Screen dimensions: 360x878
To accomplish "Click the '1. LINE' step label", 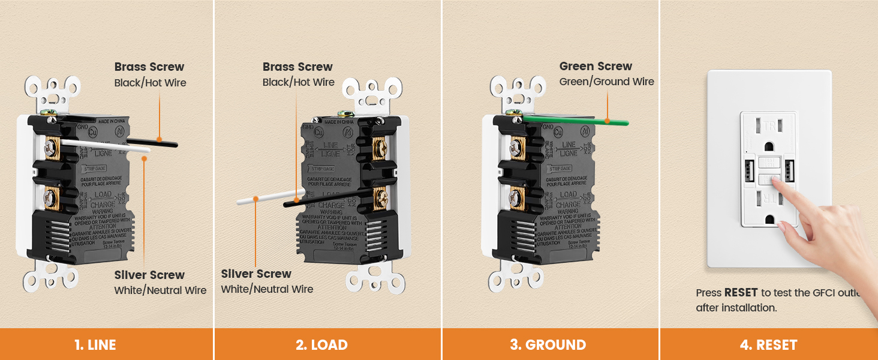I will pyautogui.click(x=95, y=345).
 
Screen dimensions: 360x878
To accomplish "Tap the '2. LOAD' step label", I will pyautogui.click(x=321, y=345).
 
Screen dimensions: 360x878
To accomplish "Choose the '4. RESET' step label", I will pyautogui.click(x=768, y=345).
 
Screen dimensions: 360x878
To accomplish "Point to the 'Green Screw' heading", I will pyautogui.click(x=596, y=67).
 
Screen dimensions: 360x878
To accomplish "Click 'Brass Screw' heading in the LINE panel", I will pyautogui.click(x=149, y=67).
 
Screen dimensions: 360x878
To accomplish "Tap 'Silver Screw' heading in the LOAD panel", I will pyautogui.click(x=256, y=274).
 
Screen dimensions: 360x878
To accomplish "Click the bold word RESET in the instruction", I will pyautogui.click(x=741, y=293).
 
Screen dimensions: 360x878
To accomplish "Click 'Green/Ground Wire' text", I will pyautogui.click(x=606, y=82).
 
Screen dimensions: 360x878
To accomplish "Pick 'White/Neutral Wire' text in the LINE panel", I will pyautogui.click(x=160, y=290).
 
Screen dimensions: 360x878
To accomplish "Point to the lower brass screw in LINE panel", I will pyautogui.click(x=50, y=198).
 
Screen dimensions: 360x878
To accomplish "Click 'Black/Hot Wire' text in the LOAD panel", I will pyautogui.click(x=298, y=82).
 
